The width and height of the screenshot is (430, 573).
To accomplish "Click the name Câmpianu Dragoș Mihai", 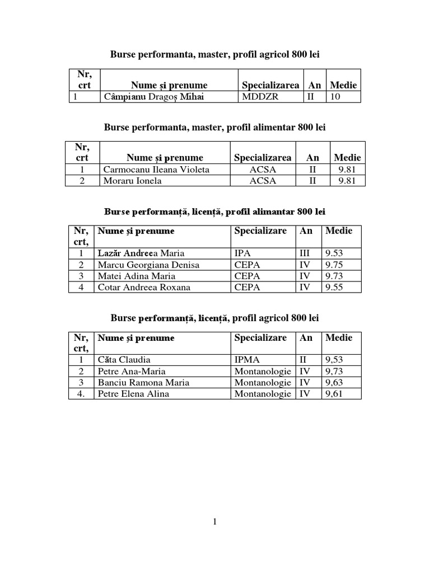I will pyautogui.click(x=145, y=97).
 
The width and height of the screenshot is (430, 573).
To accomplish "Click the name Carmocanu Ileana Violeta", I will pyautogui.click(x=156, y=170).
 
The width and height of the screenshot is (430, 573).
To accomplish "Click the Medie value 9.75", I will pyautogui.click(x=334, y=265).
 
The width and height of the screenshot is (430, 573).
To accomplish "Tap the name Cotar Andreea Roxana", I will pyautogui.click(x=144, y=287).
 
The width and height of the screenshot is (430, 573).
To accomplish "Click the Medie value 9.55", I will pyautogui.click(x=334, y=287).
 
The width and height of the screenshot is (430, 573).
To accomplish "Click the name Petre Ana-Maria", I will pyautogui.click(x=131, y=371).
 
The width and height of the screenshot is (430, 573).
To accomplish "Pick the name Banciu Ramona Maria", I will pyautogui.click(x=143, y=382).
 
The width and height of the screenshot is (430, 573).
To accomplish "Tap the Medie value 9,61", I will pyautogui.click(x=334, y=393).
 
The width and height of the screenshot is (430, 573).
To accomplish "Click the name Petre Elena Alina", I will pyautogui.click(x=133, y=393).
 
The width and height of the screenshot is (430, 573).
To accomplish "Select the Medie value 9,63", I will pyautogui.click(x=334, y=382).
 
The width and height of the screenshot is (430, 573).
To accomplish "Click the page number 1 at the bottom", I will pyautogui.click(x=214, y=522).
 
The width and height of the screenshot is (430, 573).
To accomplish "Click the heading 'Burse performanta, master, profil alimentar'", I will pyautogui.click(x=214, y=128).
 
